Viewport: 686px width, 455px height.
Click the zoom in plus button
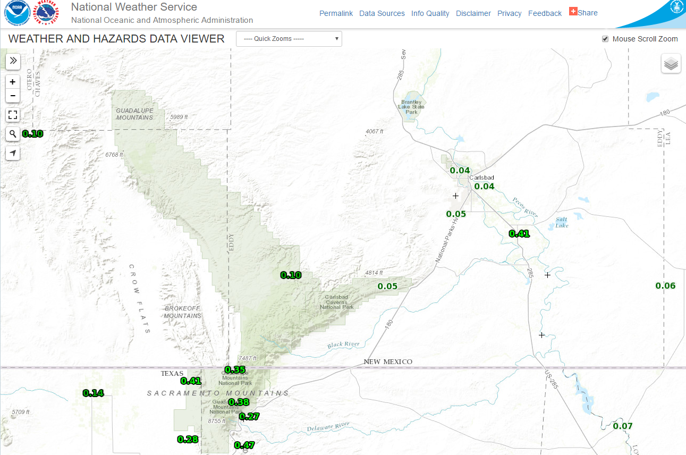(x=13, y=82)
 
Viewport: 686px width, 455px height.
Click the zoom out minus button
(x=13, y=96)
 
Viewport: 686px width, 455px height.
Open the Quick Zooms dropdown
(x=289, y=39)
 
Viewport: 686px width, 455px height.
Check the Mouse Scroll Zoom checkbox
(x=605, y=39)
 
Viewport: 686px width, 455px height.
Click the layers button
(x=671, y=64)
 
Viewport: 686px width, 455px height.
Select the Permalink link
(x=336, y=13)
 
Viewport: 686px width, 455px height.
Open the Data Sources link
(x=382, y=13)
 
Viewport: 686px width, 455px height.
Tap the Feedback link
(x=545, y=13)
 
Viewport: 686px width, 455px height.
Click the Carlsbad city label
(x=481, y=178)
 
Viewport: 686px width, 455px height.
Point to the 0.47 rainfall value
(x=244, y=445)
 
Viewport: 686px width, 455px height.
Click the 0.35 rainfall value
(x=235, y=370)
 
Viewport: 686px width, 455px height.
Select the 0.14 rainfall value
(x=94, y=393)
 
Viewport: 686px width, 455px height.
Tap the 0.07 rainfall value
(x=623, y=426)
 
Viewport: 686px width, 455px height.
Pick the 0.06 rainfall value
(x=665, y=286)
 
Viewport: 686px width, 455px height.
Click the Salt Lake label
(x=562, y=223)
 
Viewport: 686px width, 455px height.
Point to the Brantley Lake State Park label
(x=411, y=107)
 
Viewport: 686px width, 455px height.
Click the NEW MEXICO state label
(x=388, y=362)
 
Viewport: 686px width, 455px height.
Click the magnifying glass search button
(x=13, y=133)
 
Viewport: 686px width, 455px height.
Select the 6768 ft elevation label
(x=114, y=155)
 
